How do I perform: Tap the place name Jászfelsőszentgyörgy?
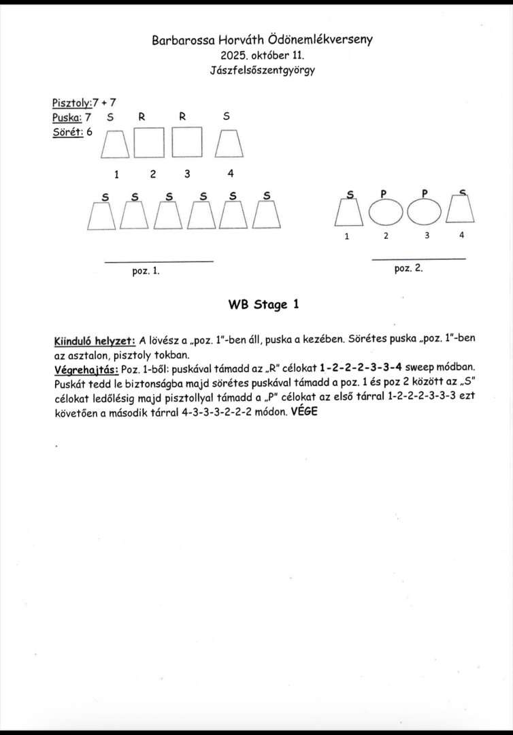coord(263,69)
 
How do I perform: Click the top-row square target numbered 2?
coord(149,143)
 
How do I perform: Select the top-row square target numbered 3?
coord(186,143)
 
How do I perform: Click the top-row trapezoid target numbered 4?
coord(229,144)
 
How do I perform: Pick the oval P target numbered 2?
coord(386,213)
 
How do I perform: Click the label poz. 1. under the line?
coord(146,270)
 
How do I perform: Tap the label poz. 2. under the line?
coord(408,267)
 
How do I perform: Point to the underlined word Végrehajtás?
coord(86,370)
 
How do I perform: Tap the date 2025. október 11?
coord(263,55)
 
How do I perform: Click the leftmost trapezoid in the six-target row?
coord(103,217)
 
